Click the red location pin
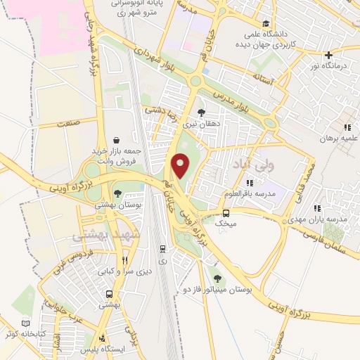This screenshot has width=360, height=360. (181, 165)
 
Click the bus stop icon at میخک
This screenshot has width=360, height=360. (226, 213)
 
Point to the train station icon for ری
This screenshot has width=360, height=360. (163, 248)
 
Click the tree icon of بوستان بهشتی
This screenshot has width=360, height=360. (117, 192)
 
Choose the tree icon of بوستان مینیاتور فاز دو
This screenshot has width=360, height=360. (217, 278)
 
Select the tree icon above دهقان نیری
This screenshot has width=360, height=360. (202, 112)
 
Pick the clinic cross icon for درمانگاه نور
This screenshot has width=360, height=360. (328, 55)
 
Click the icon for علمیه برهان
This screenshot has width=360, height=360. (347, 128)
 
